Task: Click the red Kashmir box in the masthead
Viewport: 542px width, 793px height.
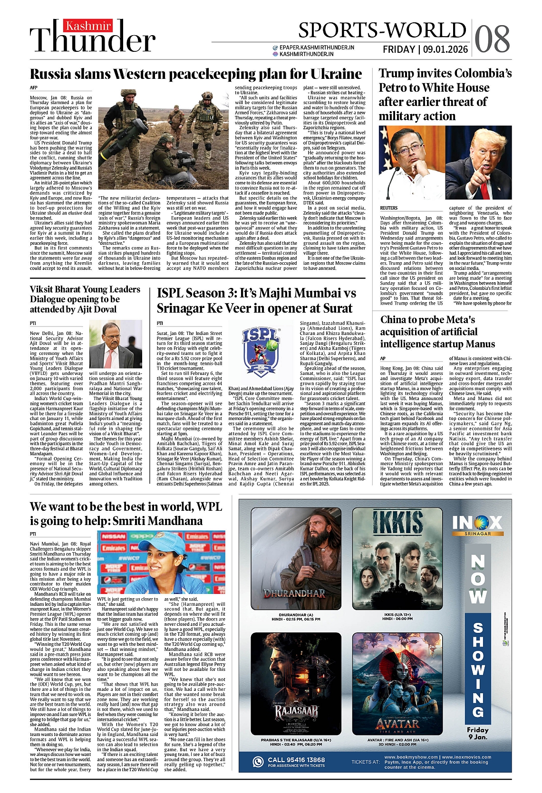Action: coord(88,26)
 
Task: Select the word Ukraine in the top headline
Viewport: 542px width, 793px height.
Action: coord(336,74)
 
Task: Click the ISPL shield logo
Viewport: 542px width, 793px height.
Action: coord(261,351)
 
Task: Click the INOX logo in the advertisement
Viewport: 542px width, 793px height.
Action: coord(477,524)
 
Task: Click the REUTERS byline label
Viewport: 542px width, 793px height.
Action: coord(388,208)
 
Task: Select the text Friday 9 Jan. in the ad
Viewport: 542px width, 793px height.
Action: coord(477,733)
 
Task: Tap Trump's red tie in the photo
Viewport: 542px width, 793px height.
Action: coord(485,190)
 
